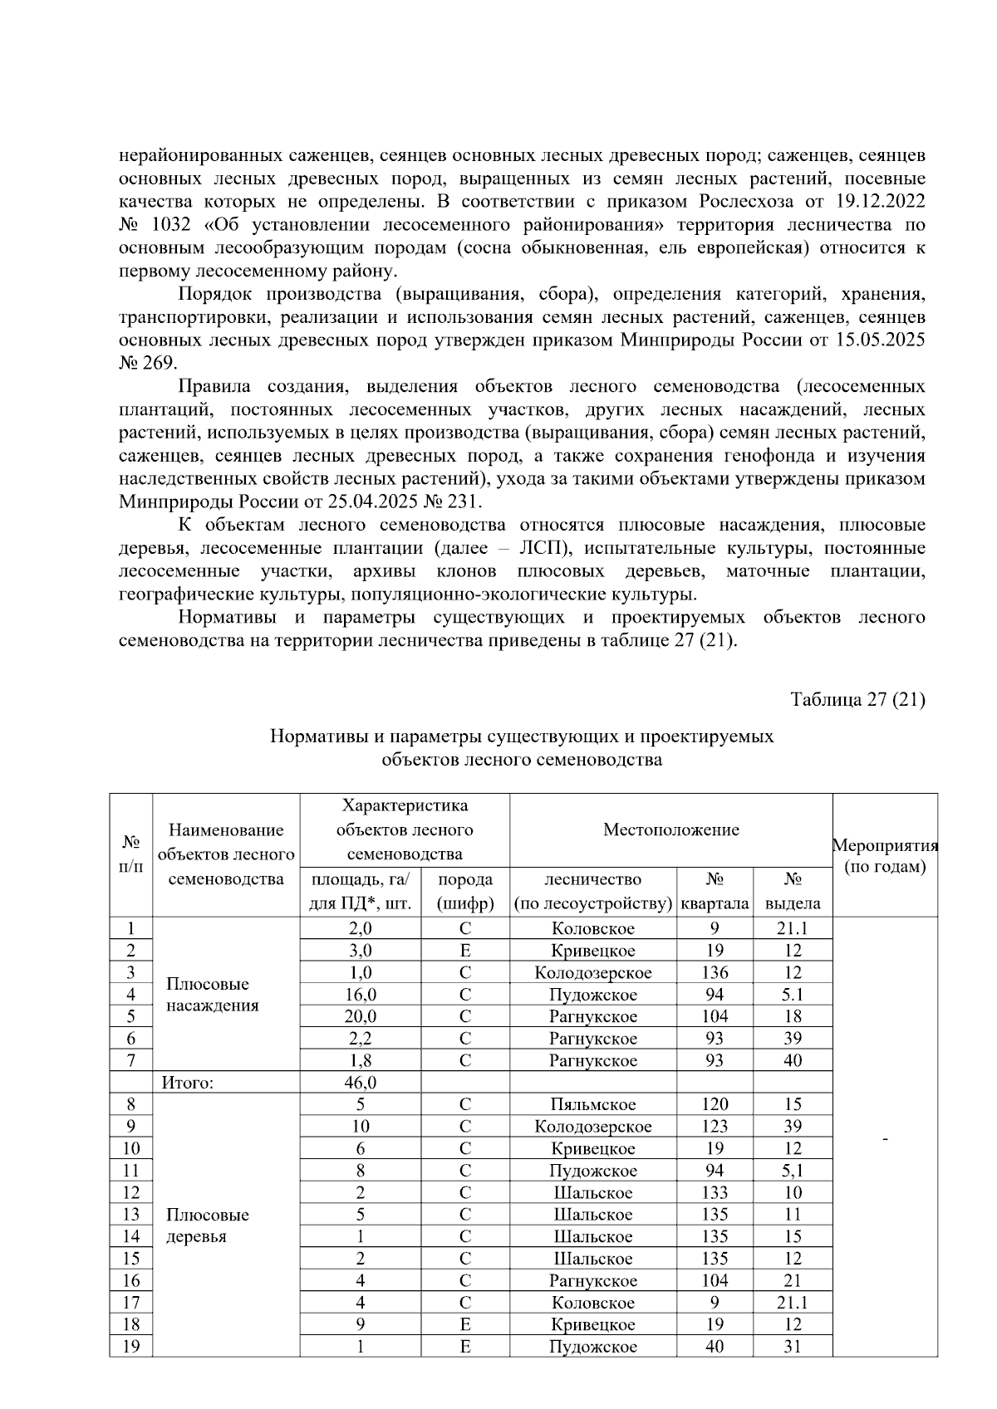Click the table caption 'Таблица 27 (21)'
pyautogui.click(x=857, y=699)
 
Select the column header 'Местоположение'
pyautogui.click(x=670, y=829)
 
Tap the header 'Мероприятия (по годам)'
pyautogui.click(x=885, y=856)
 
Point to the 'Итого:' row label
pyautogui.click(x=188, y=1083)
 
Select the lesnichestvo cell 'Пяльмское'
pyautogui.click(x=592, y=1104)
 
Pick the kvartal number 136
pyautogui.click(x=714, y=972)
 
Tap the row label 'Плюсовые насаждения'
pyautogui.click(x=212, y=995)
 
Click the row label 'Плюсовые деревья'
pyautogui.click(x=207, y=1226)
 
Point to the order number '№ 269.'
pyautogui.click(x=148, y=364)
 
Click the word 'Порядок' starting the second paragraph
pyautogui.click(x=216, y=295)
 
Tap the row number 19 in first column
pyautogui.click(x=130, y=1347)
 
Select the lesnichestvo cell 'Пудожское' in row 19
pyautogui.click(x=592, y=1347)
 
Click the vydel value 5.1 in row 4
pyautogui.click(x=792, y=995)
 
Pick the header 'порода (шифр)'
pyautogui.click(x=464, y=891)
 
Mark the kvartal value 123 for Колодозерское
pyautogui.click(x=714, y=1127)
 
